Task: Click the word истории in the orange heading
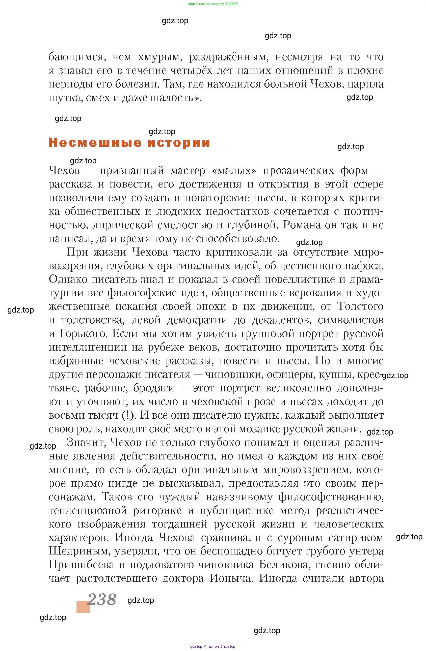coord(179,143)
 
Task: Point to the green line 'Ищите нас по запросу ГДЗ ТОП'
coord(212,4)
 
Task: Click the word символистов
coord(350,320)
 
